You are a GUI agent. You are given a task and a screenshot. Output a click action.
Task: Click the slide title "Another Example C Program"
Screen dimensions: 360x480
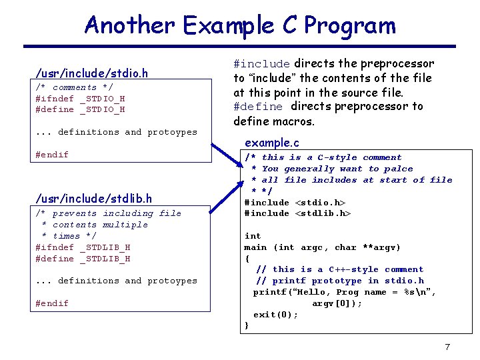pyautogui.click(x=240, y=25)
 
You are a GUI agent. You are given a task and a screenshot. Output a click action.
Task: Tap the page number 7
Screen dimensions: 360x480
pyautogui.click(x=447, y=347)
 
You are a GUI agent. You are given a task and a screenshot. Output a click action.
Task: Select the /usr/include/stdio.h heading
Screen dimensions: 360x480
pyautogui.click(x=92, y=73)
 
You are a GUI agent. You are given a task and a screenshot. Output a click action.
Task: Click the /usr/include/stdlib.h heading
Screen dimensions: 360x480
pyautogui.click(x=94, y=198)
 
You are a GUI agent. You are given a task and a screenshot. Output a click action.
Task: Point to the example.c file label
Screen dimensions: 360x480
pyautogui.click(x=272, y=143)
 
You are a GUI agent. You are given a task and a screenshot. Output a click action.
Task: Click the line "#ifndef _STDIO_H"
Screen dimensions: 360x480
pyautogui.click(x=80, y=99)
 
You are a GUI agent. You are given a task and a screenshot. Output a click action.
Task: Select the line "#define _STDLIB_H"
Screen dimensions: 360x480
pyautogui.click(x=83, y=259)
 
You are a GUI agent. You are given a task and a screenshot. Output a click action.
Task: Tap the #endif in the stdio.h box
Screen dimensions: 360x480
pyautogui.click(x=52, y=155)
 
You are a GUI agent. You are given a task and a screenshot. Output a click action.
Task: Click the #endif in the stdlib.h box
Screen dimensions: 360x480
pyautogui.click(x=52, y=303)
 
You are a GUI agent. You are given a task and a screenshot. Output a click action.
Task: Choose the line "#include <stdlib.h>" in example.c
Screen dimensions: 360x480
pyautogui.click(x=297, y=213)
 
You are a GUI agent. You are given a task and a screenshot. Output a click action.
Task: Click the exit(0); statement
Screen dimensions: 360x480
pyautogui.click(x=275, y=315)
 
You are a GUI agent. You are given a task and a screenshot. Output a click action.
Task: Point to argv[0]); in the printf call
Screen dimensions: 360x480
pyautogui.click(x=337, y=303)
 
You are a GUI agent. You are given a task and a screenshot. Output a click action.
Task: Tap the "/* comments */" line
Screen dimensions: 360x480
pyautogui.click(x=74, y=87)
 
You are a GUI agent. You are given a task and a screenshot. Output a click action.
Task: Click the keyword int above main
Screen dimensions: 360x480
pyautogui.click(x=253, y=236)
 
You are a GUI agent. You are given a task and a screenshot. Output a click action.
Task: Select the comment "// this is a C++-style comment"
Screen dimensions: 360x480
pyautogui.click(x=339, y=269)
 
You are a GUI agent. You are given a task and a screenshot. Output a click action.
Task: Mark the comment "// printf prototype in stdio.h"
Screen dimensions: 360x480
pyautogui.click(x=339, y=281)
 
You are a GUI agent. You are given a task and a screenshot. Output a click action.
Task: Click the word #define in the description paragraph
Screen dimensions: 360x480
pyautogui.click(x=258, y=107)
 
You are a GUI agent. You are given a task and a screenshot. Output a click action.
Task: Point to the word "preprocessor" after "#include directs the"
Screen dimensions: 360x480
pyautogui.click(x=397, y=64)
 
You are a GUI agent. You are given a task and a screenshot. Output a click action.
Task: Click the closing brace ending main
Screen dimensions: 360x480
pyautogui.click(x=247, y=326)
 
